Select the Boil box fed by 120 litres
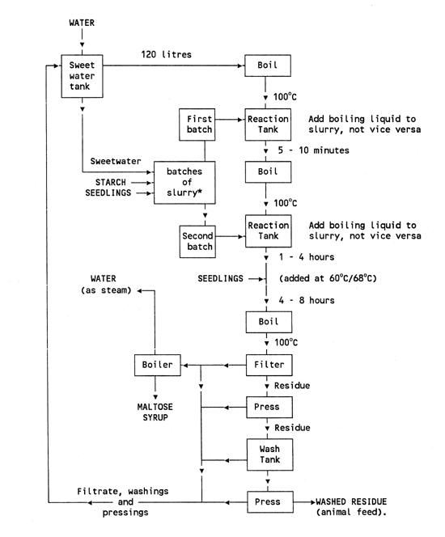point(267,66)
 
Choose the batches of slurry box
point(185,182)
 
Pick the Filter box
point(267,365)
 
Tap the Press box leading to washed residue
point(267,501)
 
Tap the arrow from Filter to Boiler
point(214,365)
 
